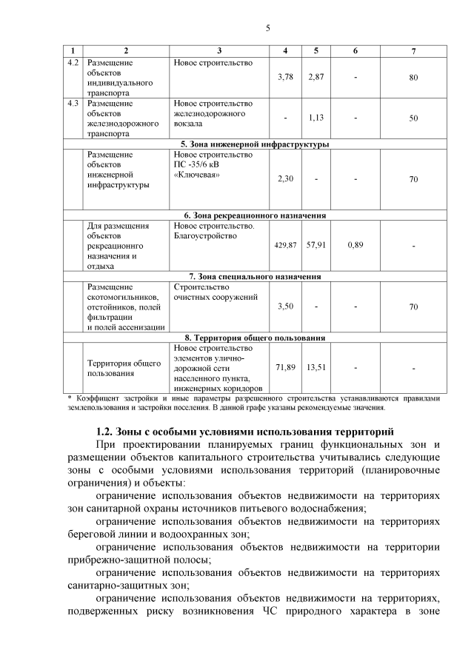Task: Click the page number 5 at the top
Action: tap(268, 28)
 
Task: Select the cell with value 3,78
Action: tap(285, 77)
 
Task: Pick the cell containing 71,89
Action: tap(285, 366)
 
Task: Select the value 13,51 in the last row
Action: tap(316, 366)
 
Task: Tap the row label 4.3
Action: tap(73, 103)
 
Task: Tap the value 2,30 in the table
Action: tap(285, 179)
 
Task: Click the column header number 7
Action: tap(413, 50)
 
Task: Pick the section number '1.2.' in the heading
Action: tap(110, 432)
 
